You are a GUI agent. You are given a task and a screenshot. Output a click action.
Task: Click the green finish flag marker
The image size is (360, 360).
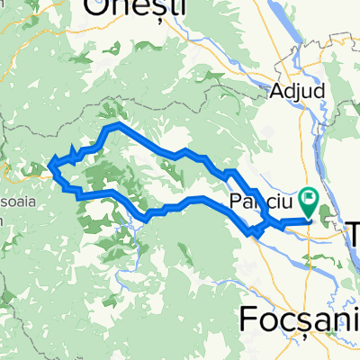click(x=310, y=195)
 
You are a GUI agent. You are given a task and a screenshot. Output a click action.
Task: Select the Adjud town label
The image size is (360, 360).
click(x=294, y=90)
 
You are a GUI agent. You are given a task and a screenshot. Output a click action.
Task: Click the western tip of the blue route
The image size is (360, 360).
click(x=50, y=164)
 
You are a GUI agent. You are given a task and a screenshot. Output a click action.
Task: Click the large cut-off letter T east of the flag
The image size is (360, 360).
click(x=350, y=232)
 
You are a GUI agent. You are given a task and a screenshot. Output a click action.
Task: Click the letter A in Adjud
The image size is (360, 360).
click(x=277, y=90)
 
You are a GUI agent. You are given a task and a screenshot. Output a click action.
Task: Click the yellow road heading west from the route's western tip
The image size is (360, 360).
click(x=22, y=166)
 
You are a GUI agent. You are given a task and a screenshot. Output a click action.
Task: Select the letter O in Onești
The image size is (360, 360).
click(x=97, y=10)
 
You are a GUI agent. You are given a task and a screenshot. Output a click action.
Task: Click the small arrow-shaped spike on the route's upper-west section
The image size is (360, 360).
click(x=73, y=153)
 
